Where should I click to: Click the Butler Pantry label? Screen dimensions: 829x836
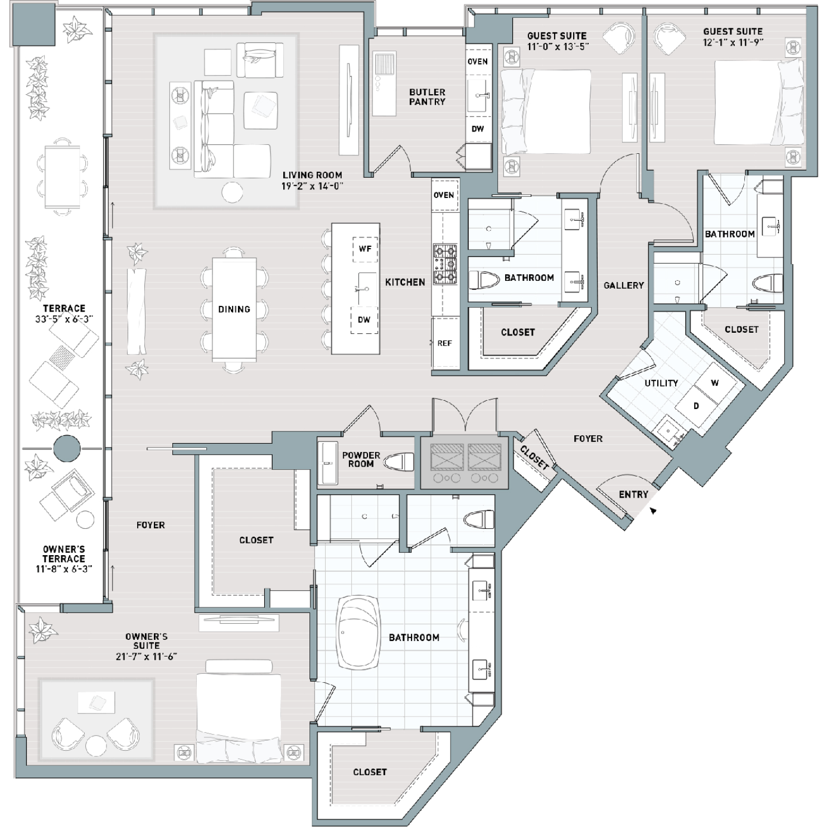tap(427, 97)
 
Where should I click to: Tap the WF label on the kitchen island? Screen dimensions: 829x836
tap(365, 249)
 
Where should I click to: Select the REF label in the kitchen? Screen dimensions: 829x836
tap(444, 343)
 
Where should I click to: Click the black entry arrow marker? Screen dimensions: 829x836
tap(653, 510)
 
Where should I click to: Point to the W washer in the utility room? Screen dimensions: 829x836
tap(715, 383)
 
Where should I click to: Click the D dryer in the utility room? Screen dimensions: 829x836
tap(696, 406)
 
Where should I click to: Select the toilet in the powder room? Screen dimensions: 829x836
tap(401, 462)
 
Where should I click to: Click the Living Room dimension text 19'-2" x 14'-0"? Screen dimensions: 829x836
tap(312, 186)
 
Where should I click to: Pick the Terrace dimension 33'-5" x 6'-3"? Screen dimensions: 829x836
tap(64, 319)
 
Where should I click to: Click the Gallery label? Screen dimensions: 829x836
tap(624, 285)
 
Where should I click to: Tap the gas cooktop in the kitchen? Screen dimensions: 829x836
tap(445, 263)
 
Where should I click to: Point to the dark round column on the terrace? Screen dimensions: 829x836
tap(67, 448)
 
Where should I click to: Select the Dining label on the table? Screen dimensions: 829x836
tap(234, 309)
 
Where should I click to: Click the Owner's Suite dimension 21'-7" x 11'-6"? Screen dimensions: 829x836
tap(146, 657)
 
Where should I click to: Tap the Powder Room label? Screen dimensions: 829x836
tap(361, 459)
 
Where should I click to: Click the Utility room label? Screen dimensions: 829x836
tap(661, 383)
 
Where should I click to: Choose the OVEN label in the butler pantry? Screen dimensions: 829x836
tap(478, 62)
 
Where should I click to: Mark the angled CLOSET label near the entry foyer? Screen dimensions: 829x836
tap(534, 458)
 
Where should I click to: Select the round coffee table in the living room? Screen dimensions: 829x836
tap(232, 192)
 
